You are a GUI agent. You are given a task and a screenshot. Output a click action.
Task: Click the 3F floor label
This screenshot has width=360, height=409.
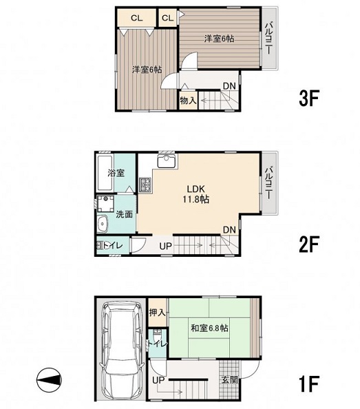pyautogui.click(x=309, y=98)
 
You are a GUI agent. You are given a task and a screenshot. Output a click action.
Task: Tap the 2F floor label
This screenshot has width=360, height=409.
pyautogui.click(x=309, y=244)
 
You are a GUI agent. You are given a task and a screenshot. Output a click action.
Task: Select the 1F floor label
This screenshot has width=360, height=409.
pyautogui.click(x=309, y=384)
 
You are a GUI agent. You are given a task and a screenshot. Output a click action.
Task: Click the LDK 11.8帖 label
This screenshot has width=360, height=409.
pyautogui.click(x=195, y=194)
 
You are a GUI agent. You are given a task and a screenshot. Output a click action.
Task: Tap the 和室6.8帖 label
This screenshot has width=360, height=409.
pyautogui.click(x=209, y=328)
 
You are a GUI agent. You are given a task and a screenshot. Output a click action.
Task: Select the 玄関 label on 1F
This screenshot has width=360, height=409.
pyautogui.click(x=230, y=380)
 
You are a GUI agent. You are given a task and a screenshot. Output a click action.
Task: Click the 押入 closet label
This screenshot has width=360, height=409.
pyautogui.click(x=158, y=312)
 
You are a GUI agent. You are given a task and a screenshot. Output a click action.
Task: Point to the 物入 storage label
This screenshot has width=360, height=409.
pyautogui.click(x=188, y=100)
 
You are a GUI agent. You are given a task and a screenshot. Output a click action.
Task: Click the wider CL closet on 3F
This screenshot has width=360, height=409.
pyautogui.click(x=136, y=18)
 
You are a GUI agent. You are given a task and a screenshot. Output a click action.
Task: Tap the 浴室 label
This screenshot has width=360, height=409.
pyautogui.click(x=116, y=173)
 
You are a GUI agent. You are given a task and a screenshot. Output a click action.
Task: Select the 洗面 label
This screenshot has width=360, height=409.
pyautogui.click(x=124, y=214)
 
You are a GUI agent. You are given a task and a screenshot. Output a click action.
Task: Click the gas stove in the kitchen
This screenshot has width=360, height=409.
pyautogui.click(x=145, y=185)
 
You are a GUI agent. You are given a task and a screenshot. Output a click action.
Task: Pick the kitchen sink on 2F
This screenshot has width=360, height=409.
pyautogui.click(x=167, y=161)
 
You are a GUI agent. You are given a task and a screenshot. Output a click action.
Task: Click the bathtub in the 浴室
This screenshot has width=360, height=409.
pyautogui.click(x=105, y=173)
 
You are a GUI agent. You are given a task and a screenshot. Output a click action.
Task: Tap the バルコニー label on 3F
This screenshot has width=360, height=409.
pyautogui.click(x=268, y=39)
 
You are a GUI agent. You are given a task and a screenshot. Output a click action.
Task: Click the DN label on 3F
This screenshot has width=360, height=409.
pyautogui.click(x=229, y=86)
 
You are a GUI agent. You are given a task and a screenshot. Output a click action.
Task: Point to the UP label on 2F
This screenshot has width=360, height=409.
pyautogui.click(x=165, y=246)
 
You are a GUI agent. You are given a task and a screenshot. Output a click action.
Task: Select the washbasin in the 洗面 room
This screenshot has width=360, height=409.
pyautogui.click(x=103, y=224)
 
